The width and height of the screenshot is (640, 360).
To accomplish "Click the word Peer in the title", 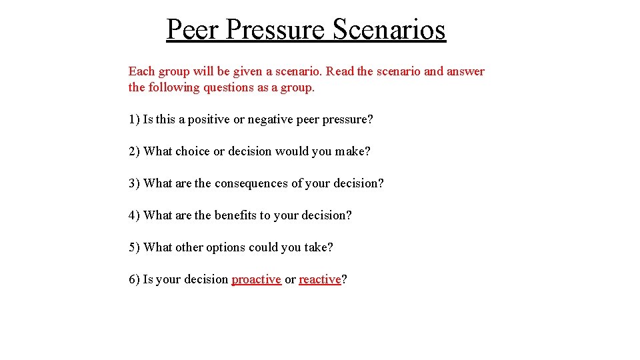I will coord(193,29).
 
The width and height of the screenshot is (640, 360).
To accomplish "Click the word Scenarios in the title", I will coord(389,29).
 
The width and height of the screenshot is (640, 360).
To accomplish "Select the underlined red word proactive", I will coord(256,279).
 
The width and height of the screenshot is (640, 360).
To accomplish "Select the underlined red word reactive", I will coord(319,279).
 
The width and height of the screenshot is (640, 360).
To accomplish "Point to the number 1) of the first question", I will coord(134,119).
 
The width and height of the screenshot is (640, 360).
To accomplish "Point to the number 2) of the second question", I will coord(134,151).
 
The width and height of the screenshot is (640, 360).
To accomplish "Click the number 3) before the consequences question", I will coord(134,183).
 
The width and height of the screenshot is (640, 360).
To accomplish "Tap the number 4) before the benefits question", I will coord(134,215).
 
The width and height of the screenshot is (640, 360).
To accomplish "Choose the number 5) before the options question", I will coord(134,247).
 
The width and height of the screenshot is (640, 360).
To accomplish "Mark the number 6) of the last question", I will coord(134,279).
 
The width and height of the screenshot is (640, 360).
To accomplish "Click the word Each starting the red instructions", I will coord(141,71).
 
